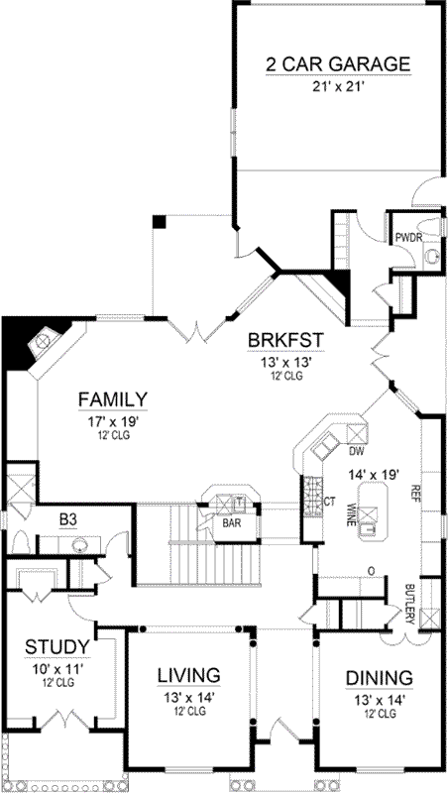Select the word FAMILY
pos(114,399)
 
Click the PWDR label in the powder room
pos(408,238)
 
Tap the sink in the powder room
pos(430,255)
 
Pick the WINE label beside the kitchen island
pos(350,514)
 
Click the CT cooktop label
pos(329,503)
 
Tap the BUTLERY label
pos(409,602)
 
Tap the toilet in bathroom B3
pos(20,542)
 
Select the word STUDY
pos(57,648)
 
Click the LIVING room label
pos(188,677)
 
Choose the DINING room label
pos(379,678)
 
